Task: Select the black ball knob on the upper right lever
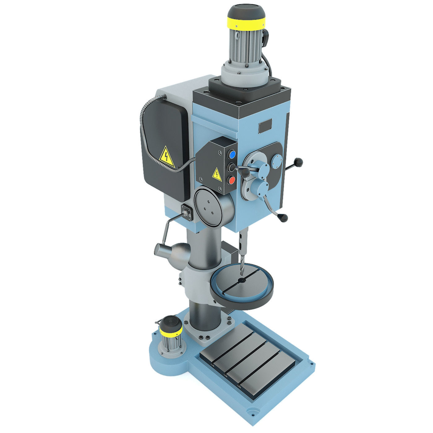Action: [x=299, y=161]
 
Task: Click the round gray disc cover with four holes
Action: [x=208, y=204]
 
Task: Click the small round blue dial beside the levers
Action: [x=277, y=161]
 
